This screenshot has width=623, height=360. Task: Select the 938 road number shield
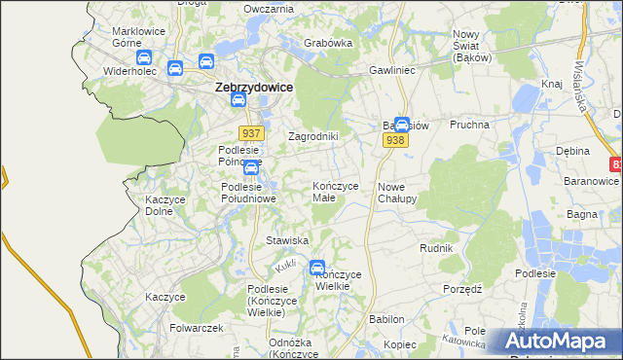[x=395, y=141]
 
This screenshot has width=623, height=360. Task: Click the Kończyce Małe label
[x=336, y=192]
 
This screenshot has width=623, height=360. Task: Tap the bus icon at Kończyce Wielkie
[x=317, y=268]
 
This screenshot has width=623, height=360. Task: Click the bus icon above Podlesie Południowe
[x=250, y=167]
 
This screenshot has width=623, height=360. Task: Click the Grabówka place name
[x=327, y=43]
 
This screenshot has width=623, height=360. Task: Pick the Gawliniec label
[x=392, y=71]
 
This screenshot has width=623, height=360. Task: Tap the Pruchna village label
[x=468, y=125]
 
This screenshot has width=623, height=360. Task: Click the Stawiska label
[x=287, y=239]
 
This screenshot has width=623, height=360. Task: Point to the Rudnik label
[x=436, y=248]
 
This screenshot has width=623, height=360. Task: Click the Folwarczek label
[x=192, y=328]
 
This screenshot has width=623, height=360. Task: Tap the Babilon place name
[x=385, y=318]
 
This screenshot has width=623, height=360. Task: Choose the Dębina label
[x=573, y=152]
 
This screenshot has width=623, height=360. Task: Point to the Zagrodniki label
[x=312, y=136]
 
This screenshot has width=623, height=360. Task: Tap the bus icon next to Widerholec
[x=174, y=68]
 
